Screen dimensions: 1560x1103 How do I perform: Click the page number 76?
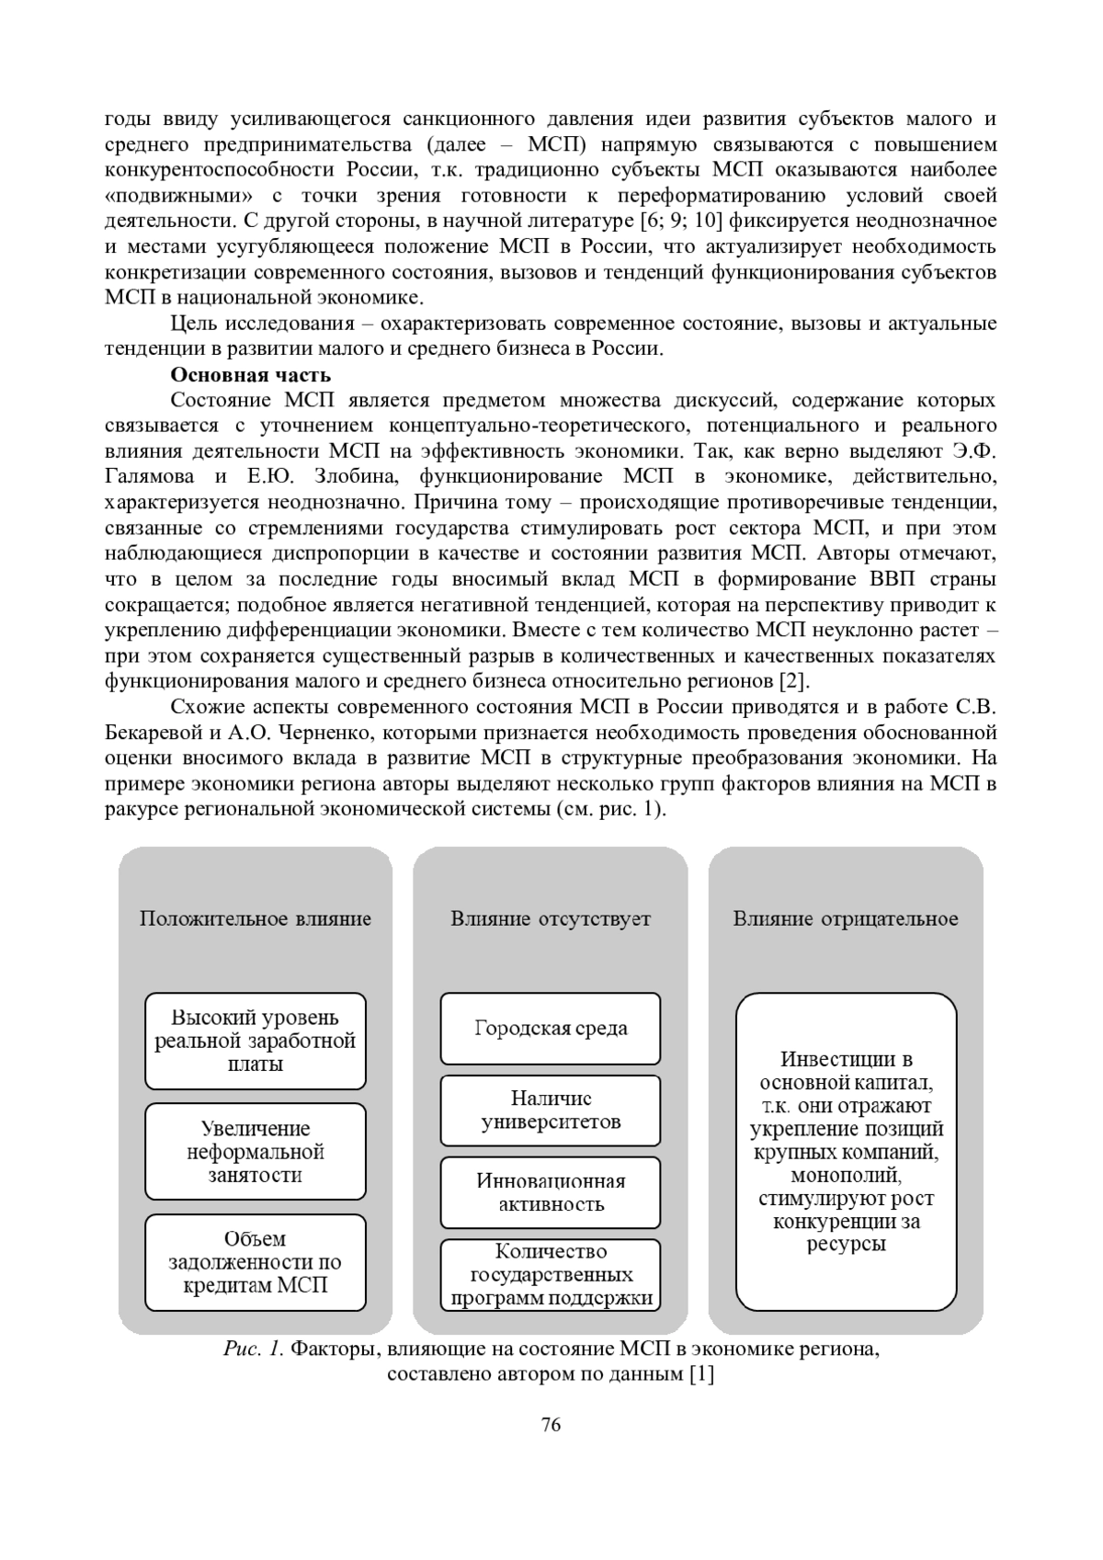click(x=551, y=1425)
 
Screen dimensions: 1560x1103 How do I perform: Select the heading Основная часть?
click(x=250, y=375)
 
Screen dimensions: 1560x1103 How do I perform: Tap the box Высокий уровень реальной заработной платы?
click(x=256, y=1041)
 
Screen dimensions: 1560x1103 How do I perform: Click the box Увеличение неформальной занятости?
click(x=256, y=1152)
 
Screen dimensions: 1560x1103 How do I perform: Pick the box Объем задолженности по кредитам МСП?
click(x=256, y=1262)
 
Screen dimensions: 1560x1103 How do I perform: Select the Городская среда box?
click(x=551, y=1028)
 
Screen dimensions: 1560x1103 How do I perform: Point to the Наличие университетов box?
click(x=551, y=1110)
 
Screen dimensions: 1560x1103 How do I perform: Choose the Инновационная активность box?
click(x=551, y=1192)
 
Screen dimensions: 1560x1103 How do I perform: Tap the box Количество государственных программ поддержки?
click(x=551, y=1274)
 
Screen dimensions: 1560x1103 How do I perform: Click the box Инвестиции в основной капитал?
click(x=847, y=1152)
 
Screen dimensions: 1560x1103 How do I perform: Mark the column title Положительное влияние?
click(x=256, y=918)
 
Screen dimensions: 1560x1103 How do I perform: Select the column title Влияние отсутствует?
click(x=551, y=918)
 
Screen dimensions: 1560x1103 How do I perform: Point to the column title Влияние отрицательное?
click(x=846, y=918)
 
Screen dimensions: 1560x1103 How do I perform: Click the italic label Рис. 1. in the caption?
click(x=254, y=1349)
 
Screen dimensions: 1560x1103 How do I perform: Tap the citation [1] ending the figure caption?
click(x=701, y=1375)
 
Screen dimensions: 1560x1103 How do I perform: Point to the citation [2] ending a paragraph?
click(x=793, y=682)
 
